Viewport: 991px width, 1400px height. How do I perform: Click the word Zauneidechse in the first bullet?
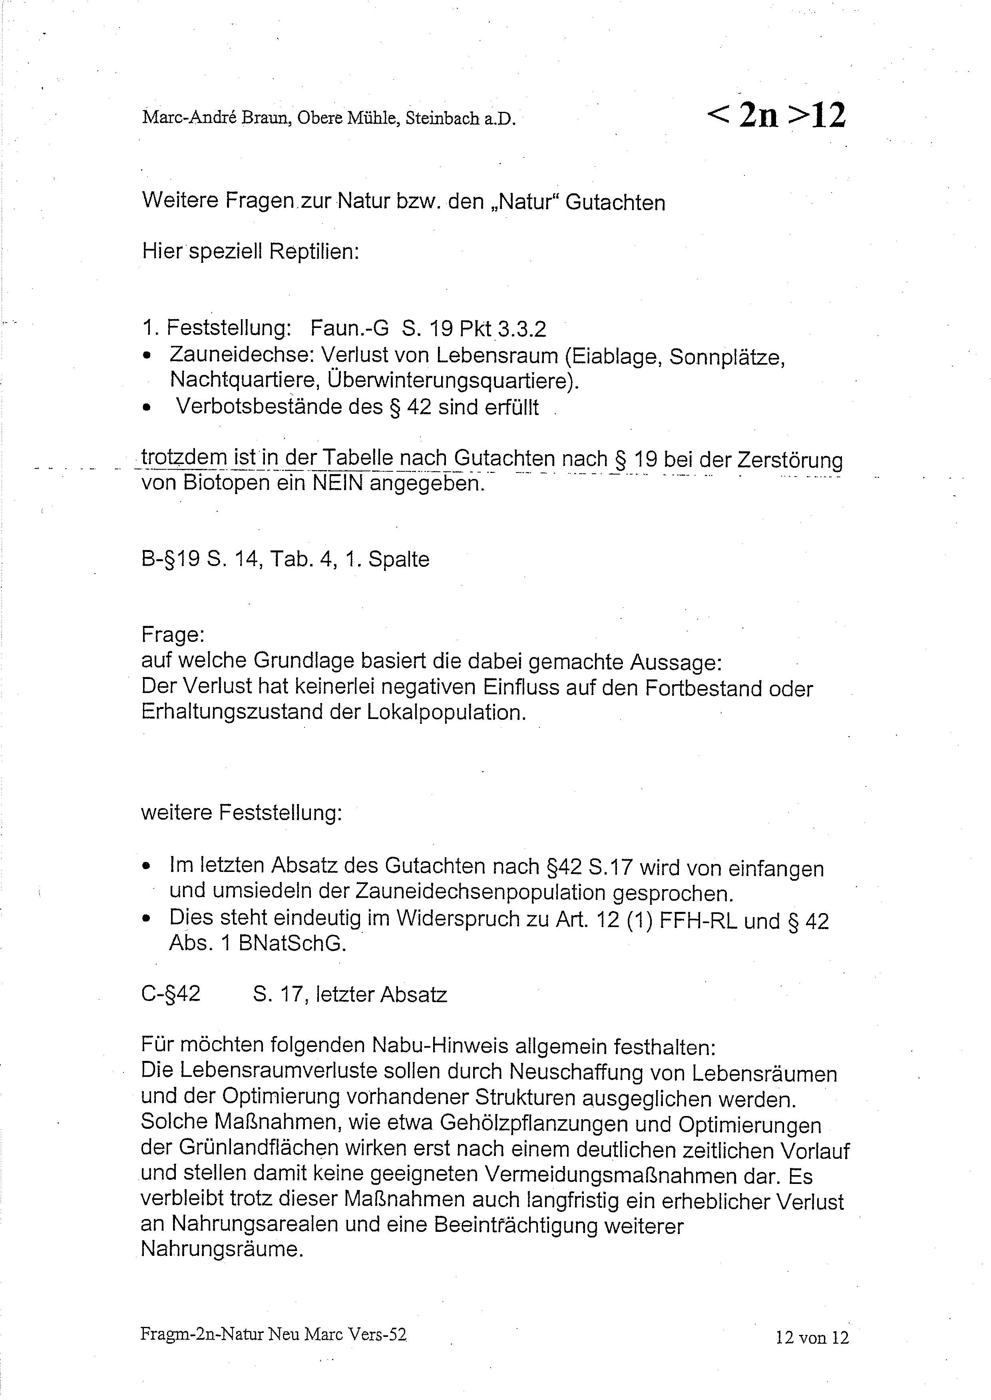pos(242,355)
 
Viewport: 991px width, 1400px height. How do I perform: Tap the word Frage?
pos(173,635)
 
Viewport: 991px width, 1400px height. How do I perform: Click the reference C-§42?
pos(171,994)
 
